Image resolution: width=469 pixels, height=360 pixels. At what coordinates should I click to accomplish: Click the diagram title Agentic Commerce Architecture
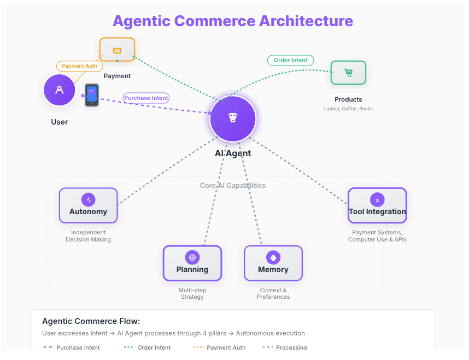click(x=233, y=21)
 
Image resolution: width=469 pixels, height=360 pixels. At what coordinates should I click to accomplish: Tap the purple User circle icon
click(x=60, y=90)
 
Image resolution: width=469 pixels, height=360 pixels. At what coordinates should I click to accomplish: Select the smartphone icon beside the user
click(x=92, y=95)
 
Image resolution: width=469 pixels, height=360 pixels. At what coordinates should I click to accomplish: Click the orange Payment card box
click(x=117, y=50)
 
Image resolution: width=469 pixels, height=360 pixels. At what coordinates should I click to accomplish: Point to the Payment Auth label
click(x=80, y=66)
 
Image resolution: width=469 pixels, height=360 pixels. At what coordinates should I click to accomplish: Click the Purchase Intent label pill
click(x=146, y=98)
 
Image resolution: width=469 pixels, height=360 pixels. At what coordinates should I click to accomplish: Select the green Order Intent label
click(x=291, y=61)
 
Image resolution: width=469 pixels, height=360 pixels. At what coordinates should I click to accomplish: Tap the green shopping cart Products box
click(x=348, y=73)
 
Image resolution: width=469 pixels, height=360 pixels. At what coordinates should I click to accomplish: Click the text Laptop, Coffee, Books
click(x=348, y=109)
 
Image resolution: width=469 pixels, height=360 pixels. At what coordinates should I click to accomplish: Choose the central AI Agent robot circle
click(x=233, y=119)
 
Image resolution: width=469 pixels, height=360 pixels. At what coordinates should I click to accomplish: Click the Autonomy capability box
click(x=89, y=205)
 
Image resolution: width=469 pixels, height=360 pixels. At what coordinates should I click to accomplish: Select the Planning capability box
click(x=192, y=263)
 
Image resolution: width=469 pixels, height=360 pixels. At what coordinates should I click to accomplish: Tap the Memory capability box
click(x=273, y=263)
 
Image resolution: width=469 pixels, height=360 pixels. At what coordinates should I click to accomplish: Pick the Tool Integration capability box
click(x=377, y=205)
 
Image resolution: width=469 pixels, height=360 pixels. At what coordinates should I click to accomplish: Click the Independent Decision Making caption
click(x=89, y=236)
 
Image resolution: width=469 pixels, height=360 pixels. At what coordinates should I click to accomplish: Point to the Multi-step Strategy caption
click(x=192, y=293)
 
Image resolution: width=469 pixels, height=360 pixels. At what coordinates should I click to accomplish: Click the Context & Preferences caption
click(x=273, y=293)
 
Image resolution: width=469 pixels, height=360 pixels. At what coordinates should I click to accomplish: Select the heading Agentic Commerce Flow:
click(x=91, y=321)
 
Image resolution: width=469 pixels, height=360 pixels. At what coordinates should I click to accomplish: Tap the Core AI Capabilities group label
click(x=233, y=186)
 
